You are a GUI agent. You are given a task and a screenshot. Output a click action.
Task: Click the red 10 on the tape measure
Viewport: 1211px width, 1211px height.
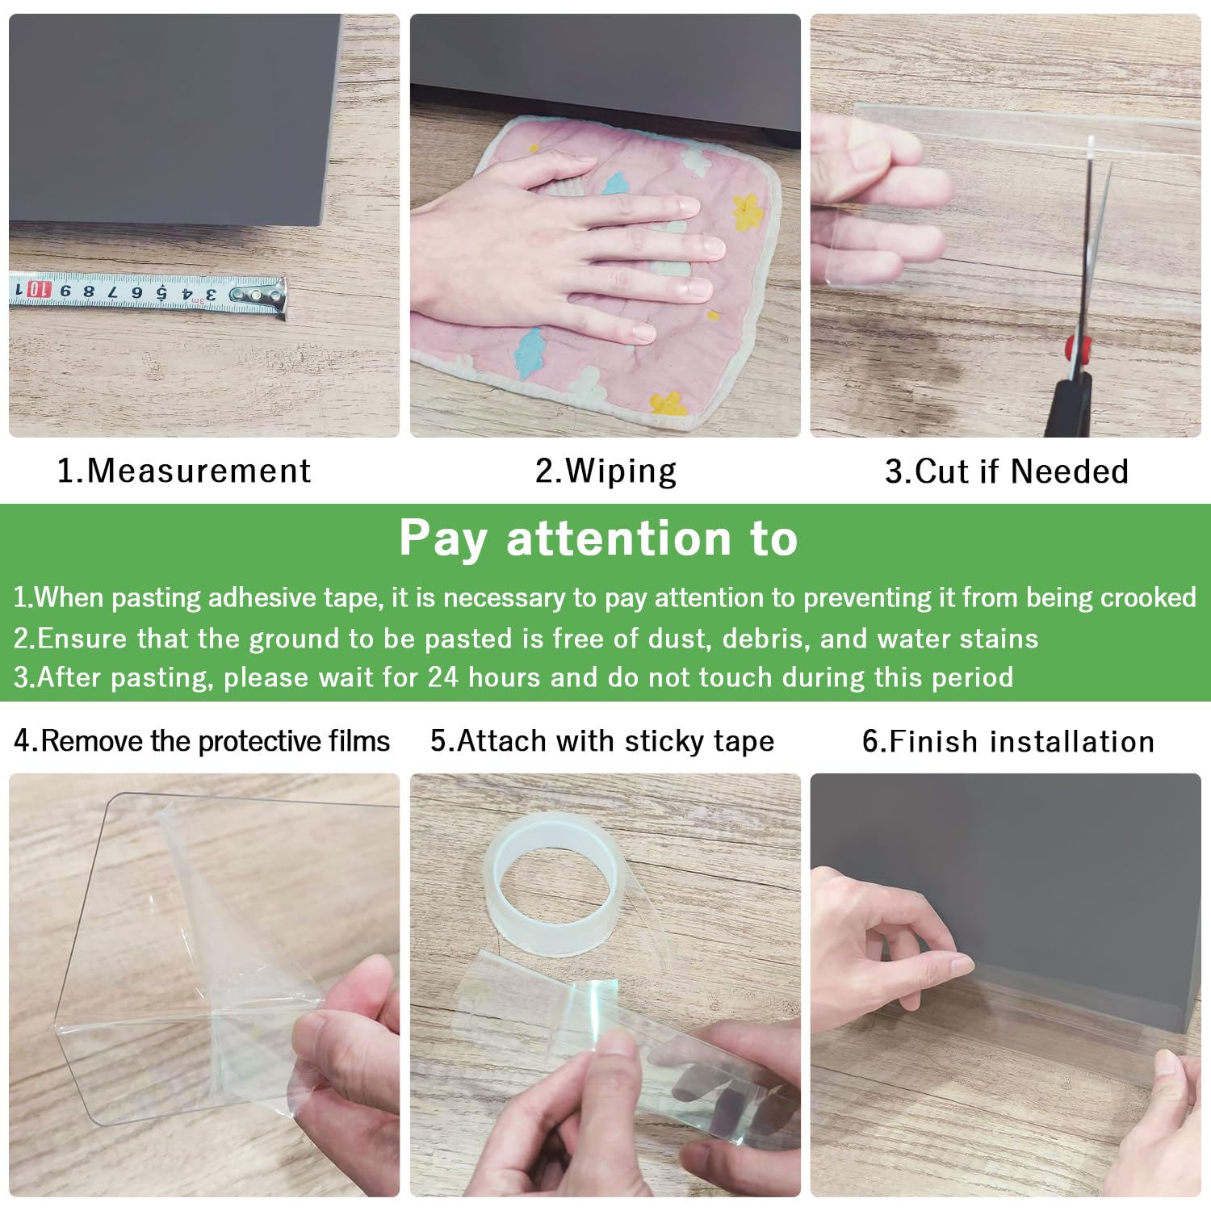tap(38, 290)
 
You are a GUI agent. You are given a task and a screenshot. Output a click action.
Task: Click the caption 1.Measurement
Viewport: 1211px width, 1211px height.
tap(184, 471)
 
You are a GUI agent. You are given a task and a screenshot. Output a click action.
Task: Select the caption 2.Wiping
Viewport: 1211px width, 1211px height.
tap(605, 471)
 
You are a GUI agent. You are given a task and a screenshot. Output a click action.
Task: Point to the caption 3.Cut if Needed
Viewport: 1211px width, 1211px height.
tap(1007, 471)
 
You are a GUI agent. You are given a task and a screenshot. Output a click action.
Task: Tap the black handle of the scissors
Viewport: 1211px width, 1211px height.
tap(1071, 404)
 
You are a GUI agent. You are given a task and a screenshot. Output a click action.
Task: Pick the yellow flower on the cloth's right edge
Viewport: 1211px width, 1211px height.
tap(748, 210)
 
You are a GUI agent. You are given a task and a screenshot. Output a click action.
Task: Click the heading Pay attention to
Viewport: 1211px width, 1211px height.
tap(598, 538)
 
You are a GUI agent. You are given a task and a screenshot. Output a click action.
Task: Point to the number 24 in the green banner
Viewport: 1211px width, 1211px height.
tap(443, 677)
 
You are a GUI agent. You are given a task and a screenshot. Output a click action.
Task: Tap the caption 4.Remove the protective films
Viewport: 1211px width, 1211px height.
tap(202, 741)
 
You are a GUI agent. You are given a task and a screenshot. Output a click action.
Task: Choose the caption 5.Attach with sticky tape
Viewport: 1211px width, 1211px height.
tap(602, 741)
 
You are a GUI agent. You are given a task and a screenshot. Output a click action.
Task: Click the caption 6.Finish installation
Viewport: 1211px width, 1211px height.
tap(1008, 741)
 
